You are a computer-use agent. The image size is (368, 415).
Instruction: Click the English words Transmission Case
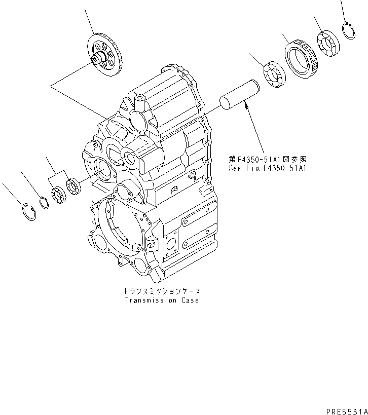(x=162, y=300)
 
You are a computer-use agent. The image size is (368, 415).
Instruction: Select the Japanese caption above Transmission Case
(x=162, y=291)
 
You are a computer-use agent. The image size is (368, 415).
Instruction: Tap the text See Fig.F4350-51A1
(x=269, y=168)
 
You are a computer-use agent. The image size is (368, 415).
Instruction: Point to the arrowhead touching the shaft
(x=246, y=104)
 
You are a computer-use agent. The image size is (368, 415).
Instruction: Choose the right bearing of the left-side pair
(x=73, y=185)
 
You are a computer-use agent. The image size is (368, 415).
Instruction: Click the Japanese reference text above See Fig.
(x=269, y=159)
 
